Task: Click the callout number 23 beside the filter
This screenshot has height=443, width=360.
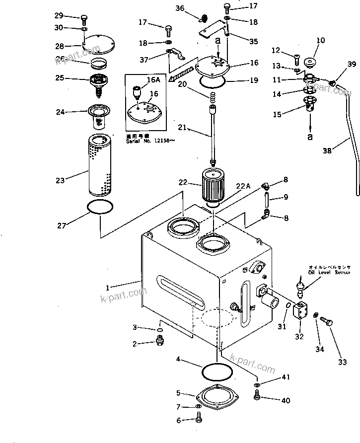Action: [60, 181]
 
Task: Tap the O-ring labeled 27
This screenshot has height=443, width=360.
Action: [99, 207]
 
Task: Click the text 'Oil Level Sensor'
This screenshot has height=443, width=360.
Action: [329, 272]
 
